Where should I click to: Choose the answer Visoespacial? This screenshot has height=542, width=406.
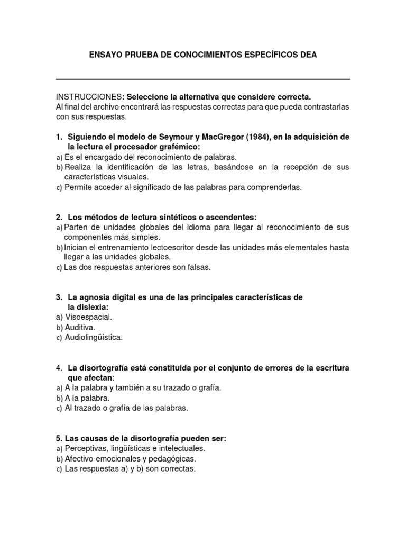coord(88,317)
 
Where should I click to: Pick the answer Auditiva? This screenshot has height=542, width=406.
coord(80,327)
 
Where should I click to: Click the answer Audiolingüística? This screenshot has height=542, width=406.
coord(93,337)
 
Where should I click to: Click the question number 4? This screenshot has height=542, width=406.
coord(59,368)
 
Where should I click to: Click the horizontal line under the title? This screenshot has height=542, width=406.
coord(203,79)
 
